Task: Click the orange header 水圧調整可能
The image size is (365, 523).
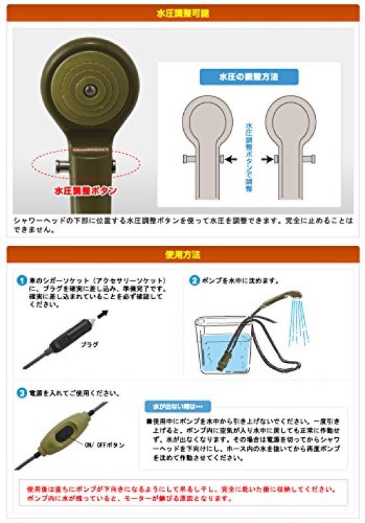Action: click(x=183, y=12)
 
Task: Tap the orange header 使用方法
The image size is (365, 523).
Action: click(x=183, y=254)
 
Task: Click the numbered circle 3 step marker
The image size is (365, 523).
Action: click(x=22, y=393)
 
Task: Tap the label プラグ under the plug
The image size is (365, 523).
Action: click(x=90, y=345)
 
